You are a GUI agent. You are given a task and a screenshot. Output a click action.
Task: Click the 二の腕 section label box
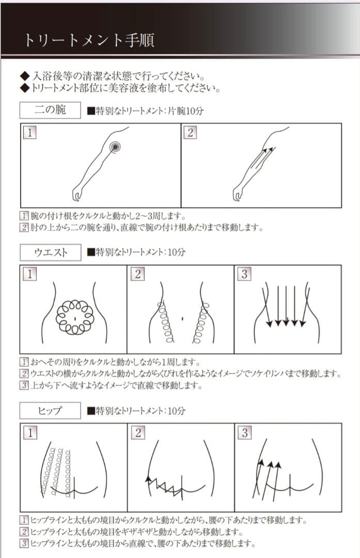(50, 110)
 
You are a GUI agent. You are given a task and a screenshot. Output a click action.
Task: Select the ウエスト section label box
(50, 253)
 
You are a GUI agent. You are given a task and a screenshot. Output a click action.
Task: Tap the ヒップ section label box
(50, 411)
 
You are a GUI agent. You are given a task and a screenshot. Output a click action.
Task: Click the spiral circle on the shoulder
(115, 147)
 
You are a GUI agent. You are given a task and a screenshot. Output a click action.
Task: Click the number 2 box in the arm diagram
(190, 132)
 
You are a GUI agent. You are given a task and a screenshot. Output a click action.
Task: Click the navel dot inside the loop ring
(75, 316)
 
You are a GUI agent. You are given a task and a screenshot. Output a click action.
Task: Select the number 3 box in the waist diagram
(244, 274)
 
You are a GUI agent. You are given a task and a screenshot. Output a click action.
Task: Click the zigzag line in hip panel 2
(164, 485)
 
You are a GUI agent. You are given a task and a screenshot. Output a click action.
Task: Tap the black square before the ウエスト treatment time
(91, 253)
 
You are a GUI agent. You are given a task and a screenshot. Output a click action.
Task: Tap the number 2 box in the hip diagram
(137, 432)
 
